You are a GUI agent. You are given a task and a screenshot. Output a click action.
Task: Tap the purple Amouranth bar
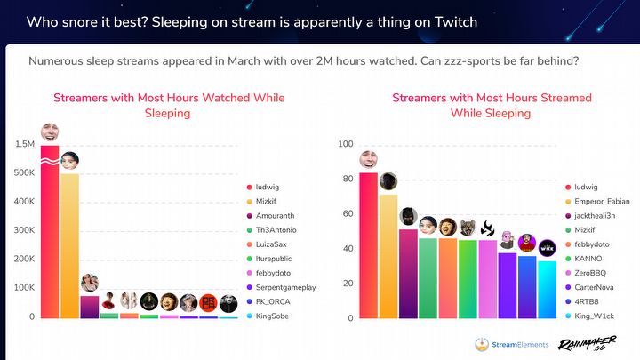[89, 307]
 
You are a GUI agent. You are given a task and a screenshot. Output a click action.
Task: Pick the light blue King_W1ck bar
[547, 289]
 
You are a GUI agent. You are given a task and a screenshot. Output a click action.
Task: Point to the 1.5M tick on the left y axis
[24, 144]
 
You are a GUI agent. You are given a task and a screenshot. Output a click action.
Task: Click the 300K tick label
[24, 230]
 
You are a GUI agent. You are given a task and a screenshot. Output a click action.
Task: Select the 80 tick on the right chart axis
[347, 179]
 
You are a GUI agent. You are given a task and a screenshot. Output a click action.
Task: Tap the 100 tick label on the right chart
[345, 144]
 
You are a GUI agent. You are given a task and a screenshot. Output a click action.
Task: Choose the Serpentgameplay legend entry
[284, 288]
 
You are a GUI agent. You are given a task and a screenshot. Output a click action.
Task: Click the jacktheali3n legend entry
[604, 216]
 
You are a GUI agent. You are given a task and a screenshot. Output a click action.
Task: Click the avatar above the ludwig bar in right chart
[369, 161]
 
